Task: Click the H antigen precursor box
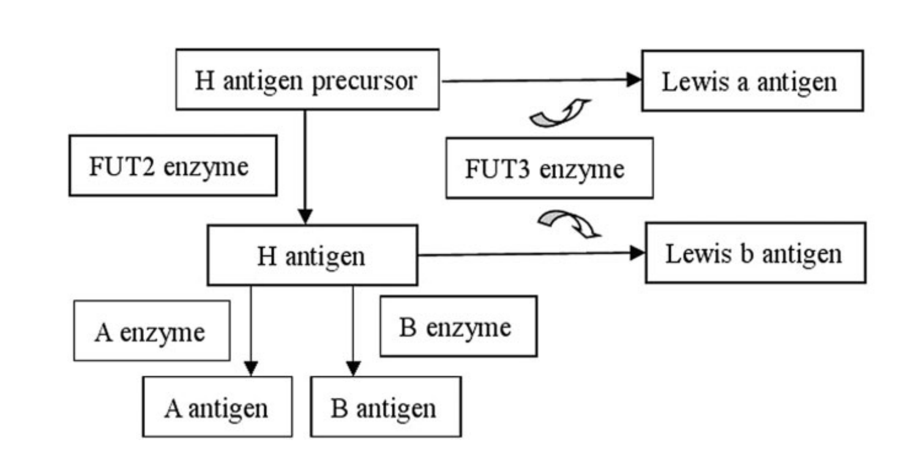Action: (307, 80)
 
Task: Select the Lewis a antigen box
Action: (752, 81)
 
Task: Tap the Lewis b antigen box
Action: (755, 253)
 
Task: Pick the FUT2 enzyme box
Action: (172, 165)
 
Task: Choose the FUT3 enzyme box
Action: (548, 168)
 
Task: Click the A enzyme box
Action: (151, 330)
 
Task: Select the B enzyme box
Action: (458, 326)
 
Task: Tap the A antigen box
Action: (217, 406)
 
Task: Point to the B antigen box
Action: (385, 406)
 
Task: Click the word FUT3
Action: (495, 168)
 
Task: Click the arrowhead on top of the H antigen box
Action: (304, 217)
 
